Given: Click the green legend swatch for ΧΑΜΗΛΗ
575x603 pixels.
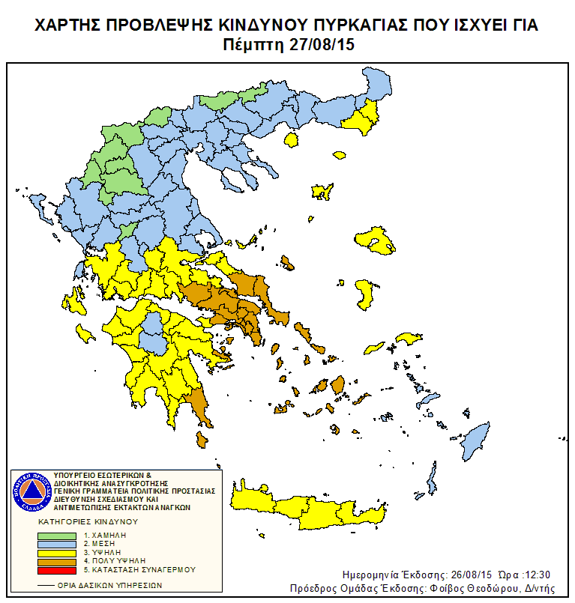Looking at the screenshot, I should (57, 536).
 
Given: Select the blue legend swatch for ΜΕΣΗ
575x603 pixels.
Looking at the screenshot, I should (57, 544).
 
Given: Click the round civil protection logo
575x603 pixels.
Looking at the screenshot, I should (31, 491).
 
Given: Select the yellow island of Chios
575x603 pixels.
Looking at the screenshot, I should (364, 293).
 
